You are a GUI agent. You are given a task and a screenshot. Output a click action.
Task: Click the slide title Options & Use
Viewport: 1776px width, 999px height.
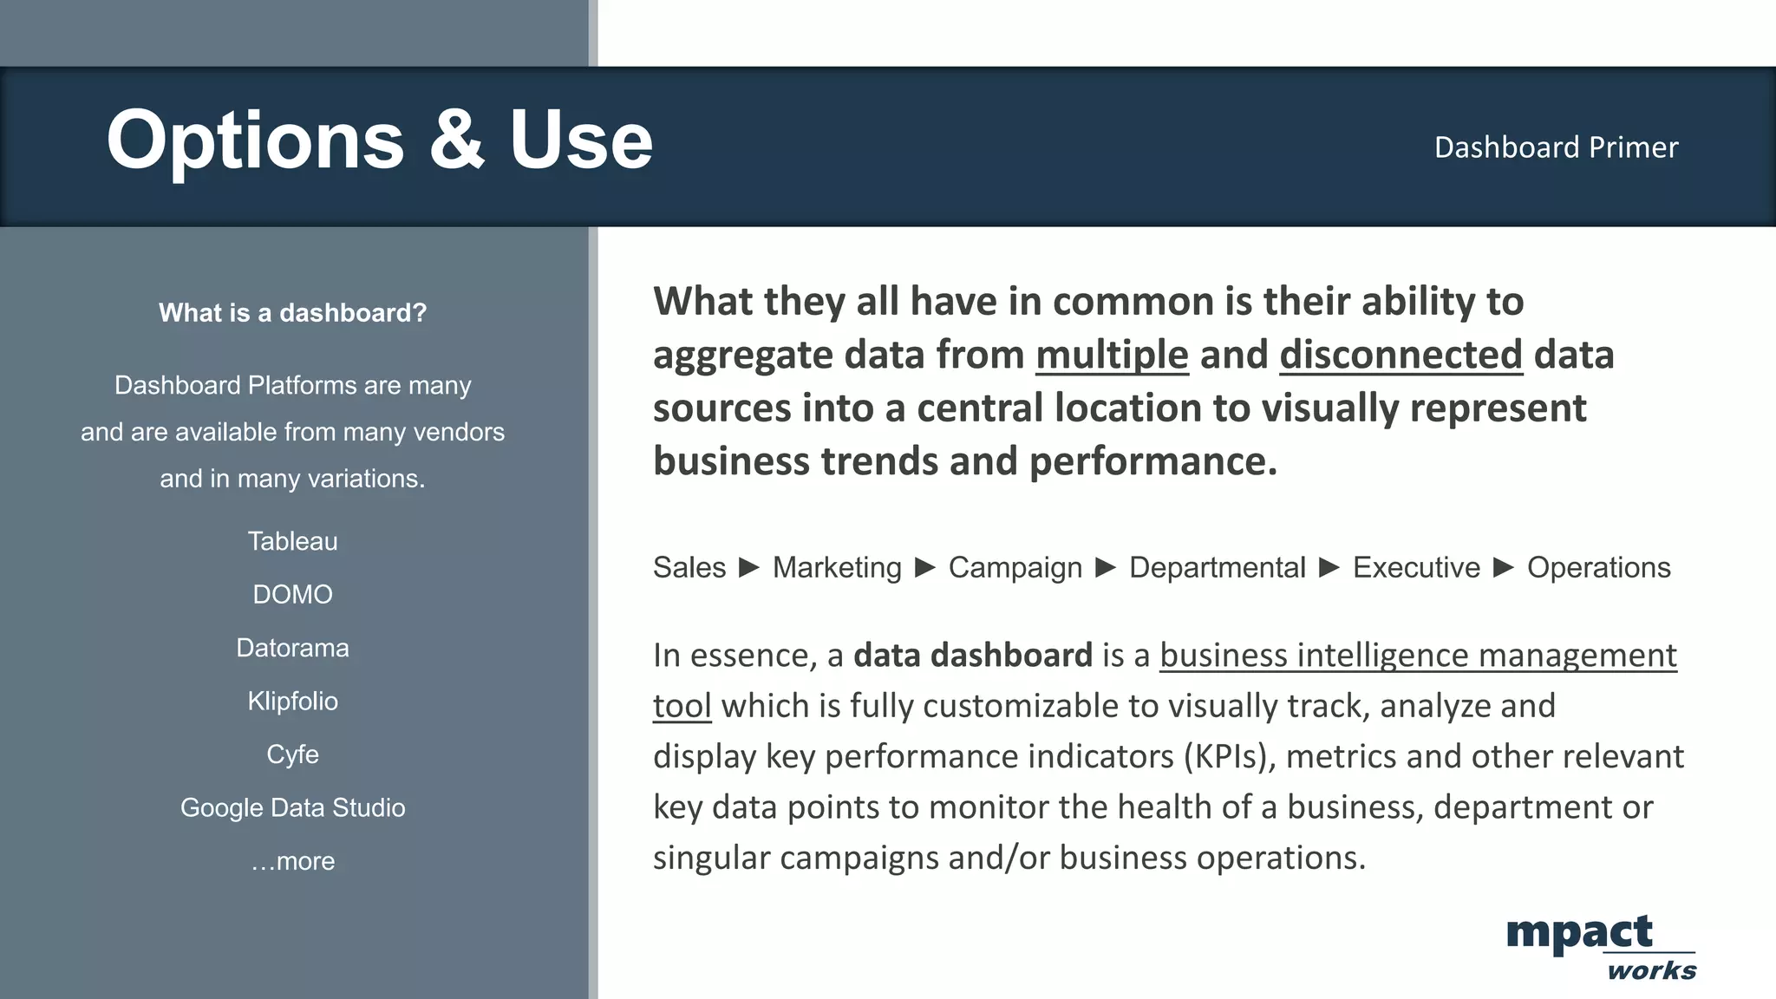(379, 140)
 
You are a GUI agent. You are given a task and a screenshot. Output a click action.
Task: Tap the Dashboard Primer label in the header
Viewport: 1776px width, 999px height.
(1556, 147)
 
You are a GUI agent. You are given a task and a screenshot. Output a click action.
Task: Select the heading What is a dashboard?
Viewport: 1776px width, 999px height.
(293, 313)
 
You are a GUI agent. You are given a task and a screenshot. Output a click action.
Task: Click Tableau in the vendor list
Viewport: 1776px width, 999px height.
(293, 541)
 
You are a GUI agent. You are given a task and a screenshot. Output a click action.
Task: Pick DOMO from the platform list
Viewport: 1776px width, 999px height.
(293, 595)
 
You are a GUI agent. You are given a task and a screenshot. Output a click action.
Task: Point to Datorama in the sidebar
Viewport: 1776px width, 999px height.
(293, 648)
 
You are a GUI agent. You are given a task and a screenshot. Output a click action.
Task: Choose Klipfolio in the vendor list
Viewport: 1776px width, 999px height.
(293, 702)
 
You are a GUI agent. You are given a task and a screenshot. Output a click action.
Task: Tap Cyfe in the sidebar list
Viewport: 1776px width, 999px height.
(293, 754)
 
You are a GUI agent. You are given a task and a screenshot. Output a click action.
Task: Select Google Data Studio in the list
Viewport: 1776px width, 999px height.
(293, 808)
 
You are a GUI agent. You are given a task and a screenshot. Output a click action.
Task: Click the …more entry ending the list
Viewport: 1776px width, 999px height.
(293, 861)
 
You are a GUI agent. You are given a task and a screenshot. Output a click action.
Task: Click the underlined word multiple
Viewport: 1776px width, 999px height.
(1112, 355)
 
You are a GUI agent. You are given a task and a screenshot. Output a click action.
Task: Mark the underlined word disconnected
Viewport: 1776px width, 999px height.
(1401, 355)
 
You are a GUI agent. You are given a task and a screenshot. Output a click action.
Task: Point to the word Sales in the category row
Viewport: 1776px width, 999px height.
(689, 568)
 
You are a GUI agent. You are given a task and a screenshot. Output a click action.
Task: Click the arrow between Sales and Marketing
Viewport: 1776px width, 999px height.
(749, 568)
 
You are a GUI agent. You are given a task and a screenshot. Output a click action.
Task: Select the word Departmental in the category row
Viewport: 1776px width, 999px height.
(1217, 568)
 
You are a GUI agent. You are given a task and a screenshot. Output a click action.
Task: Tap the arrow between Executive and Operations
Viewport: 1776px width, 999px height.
(1504, 568)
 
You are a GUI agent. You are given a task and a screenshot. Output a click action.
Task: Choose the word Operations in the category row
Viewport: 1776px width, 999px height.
(1598, 568)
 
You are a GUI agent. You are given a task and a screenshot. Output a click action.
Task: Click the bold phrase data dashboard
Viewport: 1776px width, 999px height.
(972, 656)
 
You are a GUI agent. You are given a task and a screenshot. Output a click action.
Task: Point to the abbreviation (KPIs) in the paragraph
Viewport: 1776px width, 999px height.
(1230, 757)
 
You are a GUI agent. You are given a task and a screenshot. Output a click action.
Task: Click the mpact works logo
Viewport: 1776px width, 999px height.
(1600, 947)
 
